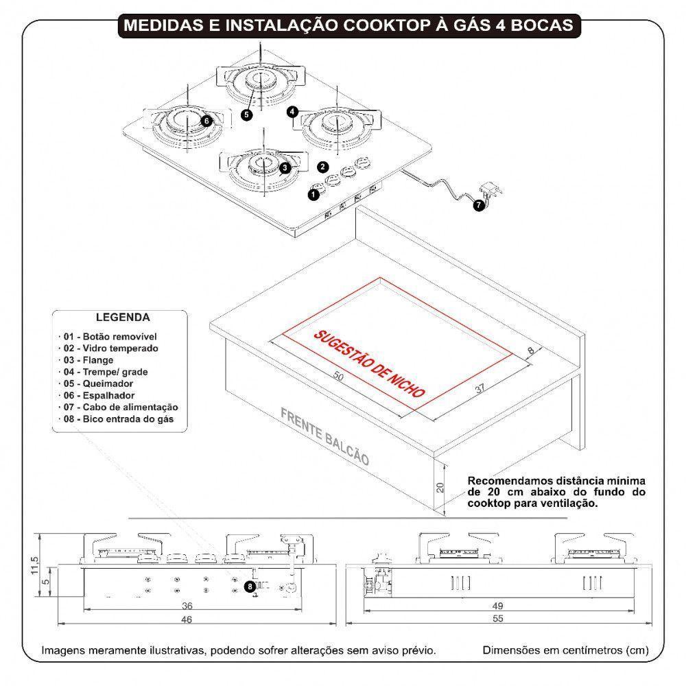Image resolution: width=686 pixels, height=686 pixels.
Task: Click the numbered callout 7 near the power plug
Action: point(478,204)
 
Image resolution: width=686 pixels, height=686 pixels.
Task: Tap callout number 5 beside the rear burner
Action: point(246,115)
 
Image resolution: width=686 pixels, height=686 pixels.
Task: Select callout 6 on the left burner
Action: point(206,120)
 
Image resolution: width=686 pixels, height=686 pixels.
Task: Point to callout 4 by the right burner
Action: point(293,111)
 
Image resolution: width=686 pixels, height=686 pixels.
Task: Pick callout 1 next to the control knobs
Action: point(314,195)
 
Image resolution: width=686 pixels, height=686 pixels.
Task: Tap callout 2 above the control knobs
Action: point(322,166)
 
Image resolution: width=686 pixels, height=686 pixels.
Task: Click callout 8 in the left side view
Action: point(250,586)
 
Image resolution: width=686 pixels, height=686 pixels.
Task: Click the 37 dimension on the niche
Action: point(480,389)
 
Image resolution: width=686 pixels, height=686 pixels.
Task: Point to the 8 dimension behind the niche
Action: point(529,352)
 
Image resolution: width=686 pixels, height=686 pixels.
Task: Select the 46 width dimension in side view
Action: point(186,619)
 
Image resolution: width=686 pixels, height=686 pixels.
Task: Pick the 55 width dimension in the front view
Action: point(497,619)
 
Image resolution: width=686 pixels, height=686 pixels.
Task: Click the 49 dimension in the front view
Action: point(497,606)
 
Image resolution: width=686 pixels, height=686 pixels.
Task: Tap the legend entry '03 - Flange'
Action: point(88,360)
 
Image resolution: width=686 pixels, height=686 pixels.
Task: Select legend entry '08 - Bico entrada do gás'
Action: point(118,418)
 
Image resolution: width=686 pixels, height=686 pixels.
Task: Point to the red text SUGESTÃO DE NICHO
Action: point(369,364)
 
